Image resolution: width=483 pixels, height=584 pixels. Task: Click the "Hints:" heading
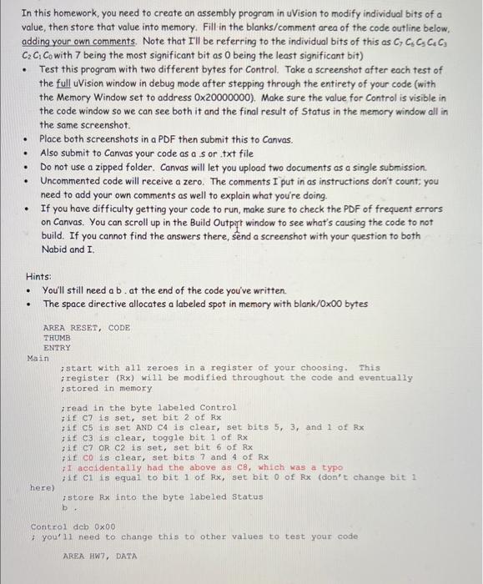point(38,274)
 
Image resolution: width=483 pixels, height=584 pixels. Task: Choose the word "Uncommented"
point(75,180)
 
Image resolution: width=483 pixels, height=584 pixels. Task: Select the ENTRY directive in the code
point(57,347)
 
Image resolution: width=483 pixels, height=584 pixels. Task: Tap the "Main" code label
point(38,357)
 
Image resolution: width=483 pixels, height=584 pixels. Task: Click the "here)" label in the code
point(42,486)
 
